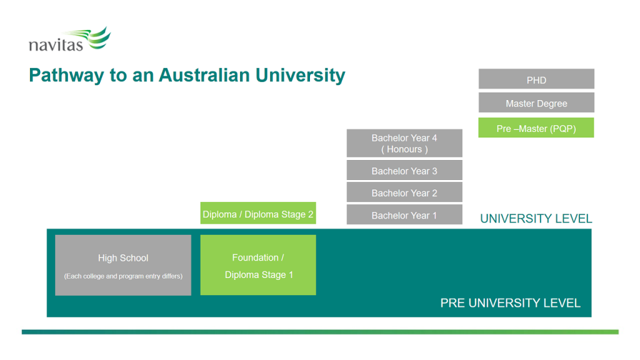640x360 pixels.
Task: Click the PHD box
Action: [x=536, y=79]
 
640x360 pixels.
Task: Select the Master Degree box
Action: [x=536, y=103]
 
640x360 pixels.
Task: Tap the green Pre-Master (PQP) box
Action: [x=536, y=128]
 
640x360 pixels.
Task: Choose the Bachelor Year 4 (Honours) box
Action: [x=404, y=143]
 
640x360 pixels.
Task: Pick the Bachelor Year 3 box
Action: [x=404, y=171]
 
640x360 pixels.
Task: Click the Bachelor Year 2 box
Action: [x=404, y=192]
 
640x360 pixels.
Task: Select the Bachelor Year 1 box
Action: [x=404, y=215]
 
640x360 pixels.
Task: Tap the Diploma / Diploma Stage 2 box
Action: [x=258, y=214]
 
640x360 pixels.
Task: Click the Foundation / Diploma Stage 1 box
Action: [x=258, y=266]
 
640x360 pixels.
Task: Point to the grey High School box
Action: [x=123, y=264]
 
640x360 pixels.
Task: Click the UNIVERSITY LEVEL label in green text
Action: [x=536, y=219]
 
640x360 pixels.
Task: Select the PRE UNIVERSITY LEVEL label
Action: [x=510, y=303]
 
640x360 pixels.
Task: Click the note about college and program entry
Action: [x=123, y=276]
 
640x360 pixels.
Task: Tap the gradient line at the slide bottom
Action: [x=320, y=332]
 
